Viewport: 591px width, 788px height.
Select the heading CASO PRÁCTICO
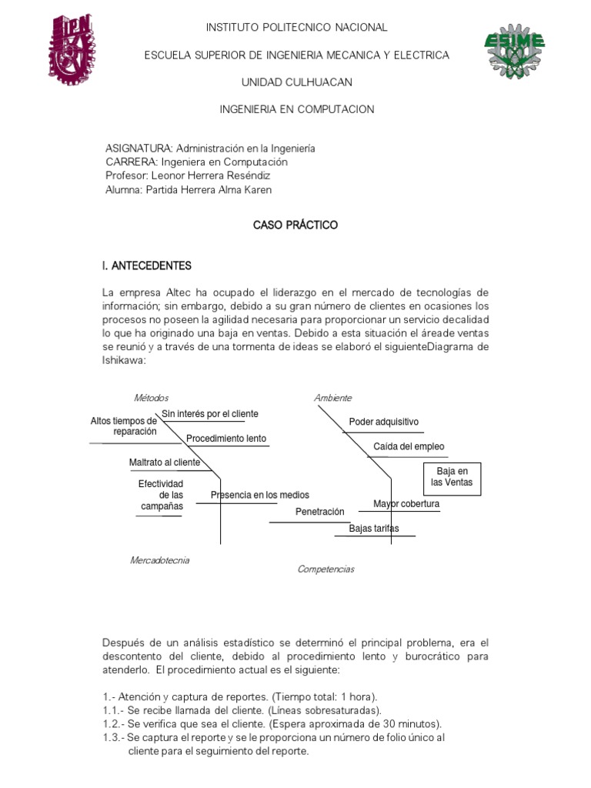click(x=295, y=225)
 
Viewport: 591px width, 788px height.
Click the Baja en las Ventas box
click(x=452, y=476)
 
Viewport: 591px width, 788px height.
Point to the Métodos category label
click(x=151, y=398)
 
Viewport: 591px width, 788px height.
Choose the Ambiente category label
click(x=332, y=398)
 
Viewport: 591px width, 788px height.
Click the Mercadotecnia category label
click(x=159, y=560)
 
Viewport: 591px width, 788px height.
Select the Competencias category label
click(x=326, y=569)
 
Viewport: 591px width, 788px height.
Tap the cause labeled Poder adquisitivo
click(x=383, y=422)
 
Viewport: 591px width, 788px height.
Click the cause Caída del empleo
click(x=409, y=446)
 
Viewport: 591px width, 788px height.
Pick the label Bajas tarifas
click(x=374, y=529)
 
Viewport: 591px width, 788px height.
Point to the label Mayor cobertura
click(x=406, y=504)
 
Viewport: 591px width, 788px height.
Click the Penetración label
click(x=320, y=512)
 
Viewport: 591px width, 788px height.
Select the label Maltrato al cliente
click(x=165, y=462)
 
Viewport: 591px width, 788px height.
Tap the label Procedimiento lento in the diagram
click(x=225, y=439)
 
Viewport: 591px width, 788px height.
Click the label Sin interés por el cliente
click(x=210, y=414)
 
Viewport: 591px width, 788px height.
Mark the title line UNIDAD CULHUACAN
click(x=296, y=82)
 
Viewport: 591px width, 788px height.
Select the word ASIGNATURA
click(x=139, y=149)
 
